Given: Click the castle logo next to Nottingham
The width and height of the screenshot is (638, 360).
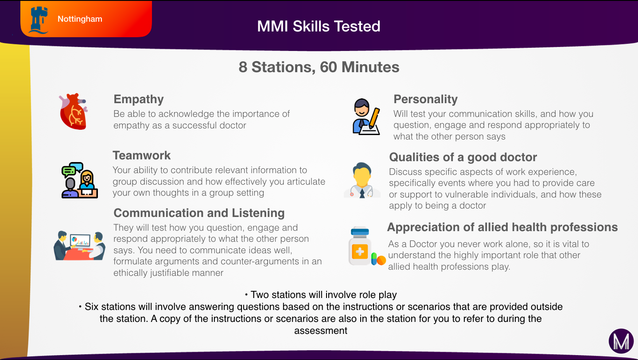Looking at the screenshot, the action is click(39, 20).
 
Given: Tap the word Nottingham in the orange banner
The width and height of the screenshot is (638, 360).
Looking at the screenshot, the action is click(80, 19).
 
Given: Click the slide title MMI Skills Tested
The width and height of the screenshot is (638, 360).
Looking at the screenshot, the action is click(319, 26).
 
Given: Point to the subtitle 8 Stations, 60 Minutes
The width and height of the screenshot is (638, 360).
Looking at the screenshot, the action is click(319, 67).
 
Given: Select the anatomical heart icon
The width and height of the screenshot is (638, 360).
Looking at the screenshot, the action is click(74, 111).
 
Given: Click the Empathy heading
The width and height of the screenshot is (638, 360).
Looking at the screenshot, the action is click(139, 99).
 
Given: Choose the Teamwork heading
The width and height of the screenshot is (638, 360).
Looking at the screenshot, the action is click(142, 155).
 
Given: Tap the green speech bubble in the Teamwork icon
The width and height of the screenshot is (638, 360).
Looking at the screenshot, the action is click(68, 171).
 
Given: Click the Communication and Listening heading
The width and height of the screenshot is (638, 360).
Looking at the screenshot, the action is click(199, 213).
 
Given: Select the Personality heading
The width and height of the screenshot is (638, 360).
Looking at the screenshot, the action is click(425, 99).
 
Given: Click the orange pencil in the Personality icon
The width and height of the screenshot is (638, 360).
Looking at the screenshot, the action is click(374, 117).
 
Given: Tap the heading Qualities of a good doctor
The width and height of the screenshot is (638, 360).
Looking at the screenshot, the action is click(463, 157).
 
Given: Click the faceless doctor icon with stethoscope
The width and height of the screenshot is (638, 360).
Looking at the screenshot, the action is click(362, 180).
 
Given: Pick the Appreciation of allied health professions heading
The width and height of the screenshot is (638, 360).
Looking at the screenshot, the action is click(502, 227).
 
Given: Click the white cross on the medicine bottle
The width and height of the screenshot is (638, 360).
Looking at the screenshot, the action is click(360, 252).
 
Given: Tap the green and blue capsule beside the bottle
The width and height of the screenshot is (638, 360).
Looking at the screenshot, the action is click(374, 259).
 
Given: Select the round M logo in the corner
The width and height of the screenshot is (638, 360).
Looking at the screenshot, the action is click(621, 341).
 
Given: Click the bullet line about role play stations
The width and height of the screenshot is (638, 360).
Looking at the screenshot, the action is click(321, 295).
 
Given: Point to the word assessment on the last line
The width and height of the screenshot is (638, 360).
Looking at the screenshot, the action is click(321, 331).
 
